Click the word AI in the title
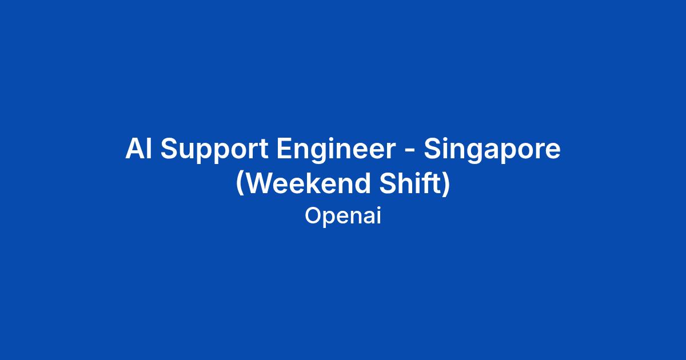[x=138, y=149]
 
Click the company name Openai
[x=343, y=217]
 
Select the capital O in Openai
[x=314, y=216]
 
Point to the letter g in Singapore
[x=473, y=154]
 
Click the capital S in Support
[x=169, y=149]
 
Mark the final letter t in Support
[x=264, y=150]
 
